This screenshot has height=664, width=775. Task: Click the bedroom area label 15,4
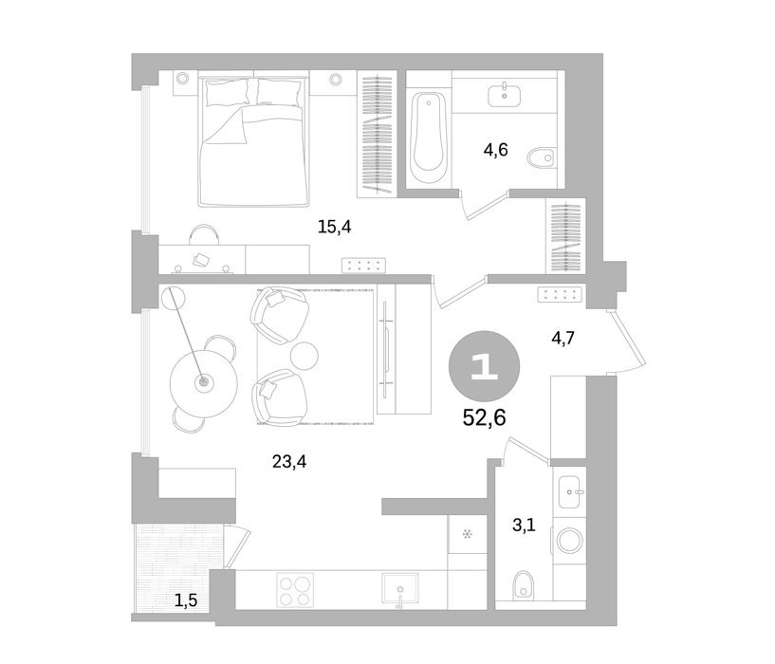[334, 228]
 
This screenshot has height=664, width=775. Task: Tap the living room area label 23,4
[289, 462]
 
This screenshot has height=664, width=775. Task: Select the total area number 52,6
[484, 417]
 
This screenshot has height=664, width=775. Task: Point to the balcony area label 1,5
[186, 600]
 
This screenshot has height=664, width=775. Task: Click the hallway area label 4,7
[563, 339]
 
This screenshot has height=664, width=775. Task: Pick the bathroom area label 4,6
[495, 149]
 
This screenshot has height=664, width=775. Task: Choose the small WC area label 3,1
[524, 526]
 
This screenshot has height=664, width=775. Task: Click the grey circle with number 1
[484, 366]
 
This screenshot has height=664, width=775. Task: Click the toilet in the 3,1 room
[523, 585]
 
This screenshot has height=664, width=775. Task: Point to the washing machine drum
[570, 541]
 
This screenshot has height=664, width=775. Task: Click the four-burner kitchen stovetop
[295, 590]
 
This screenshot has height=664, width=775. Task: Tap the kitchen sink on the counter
[400, 588]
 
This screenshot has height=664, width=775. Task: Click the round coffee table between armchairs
[304, 356]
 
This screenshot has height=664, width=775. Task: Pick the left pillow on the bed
[227, 92]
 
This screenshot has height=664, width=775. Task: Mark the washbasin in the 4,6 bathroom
[504, 96]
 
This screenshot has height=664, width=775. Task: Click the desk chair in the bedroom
[204, 234]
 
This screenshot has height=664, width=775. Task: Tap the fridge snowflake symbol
[467, 534]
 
